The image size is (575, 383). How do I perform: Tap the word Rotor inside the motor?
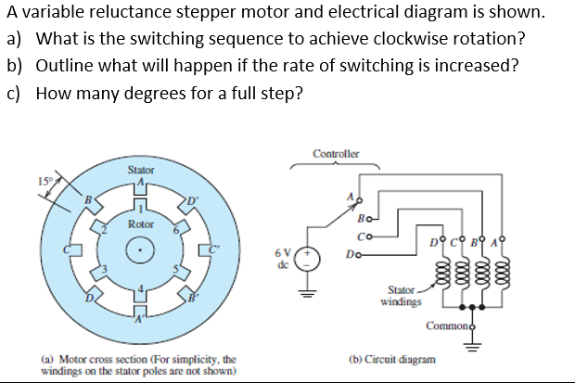click(140, 223)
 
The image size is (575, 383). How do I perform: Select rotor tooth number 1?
click(140, 211)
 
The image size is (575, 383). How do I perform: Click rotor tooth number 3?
click(104, 270)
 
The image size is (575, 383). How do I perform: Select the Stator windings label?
click(402, 294)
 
